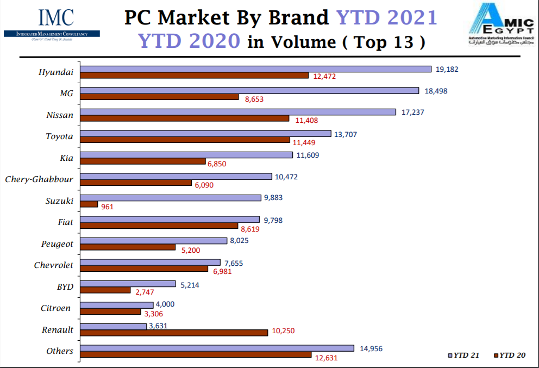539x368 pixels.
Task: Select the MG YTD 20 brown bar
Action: point(160,97)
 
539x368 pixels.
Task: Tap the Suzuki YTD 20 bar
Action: point(89,204)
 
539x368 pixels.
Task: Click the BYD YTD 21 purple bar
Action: point(128,284)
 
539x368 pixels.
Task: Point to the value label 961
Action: point(107,207)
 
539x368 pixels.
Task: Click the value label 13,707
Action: point(346,134)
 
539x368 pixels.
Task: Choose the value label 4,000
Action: point(165,304)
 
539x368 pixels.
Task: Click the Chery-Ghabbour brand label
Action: point(39,179)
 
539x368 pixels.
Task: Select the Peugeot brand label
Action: point(57,244)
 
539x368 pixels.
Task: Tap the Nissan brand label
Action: point(60,115)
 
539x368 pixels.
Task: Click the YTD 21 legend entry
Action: point(463,355)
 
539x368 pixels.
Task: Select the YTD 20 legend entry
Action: point(509,355)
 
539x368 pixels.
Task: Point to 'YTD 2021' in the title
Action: point(387,18)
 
